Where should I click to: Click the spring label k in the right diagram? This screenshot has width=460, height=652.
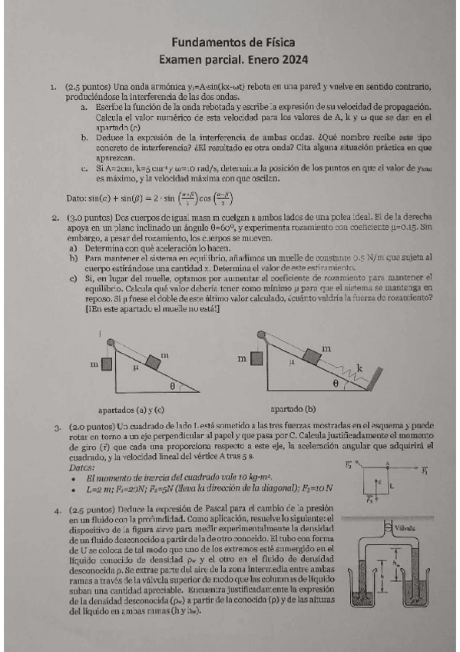[x=359, y=369]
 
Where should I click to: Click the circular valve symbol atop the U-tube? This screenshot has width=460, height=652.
[x=388, y=527]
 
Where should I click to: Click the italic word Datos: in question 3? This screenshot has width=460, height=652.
[x=82, y=467]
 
